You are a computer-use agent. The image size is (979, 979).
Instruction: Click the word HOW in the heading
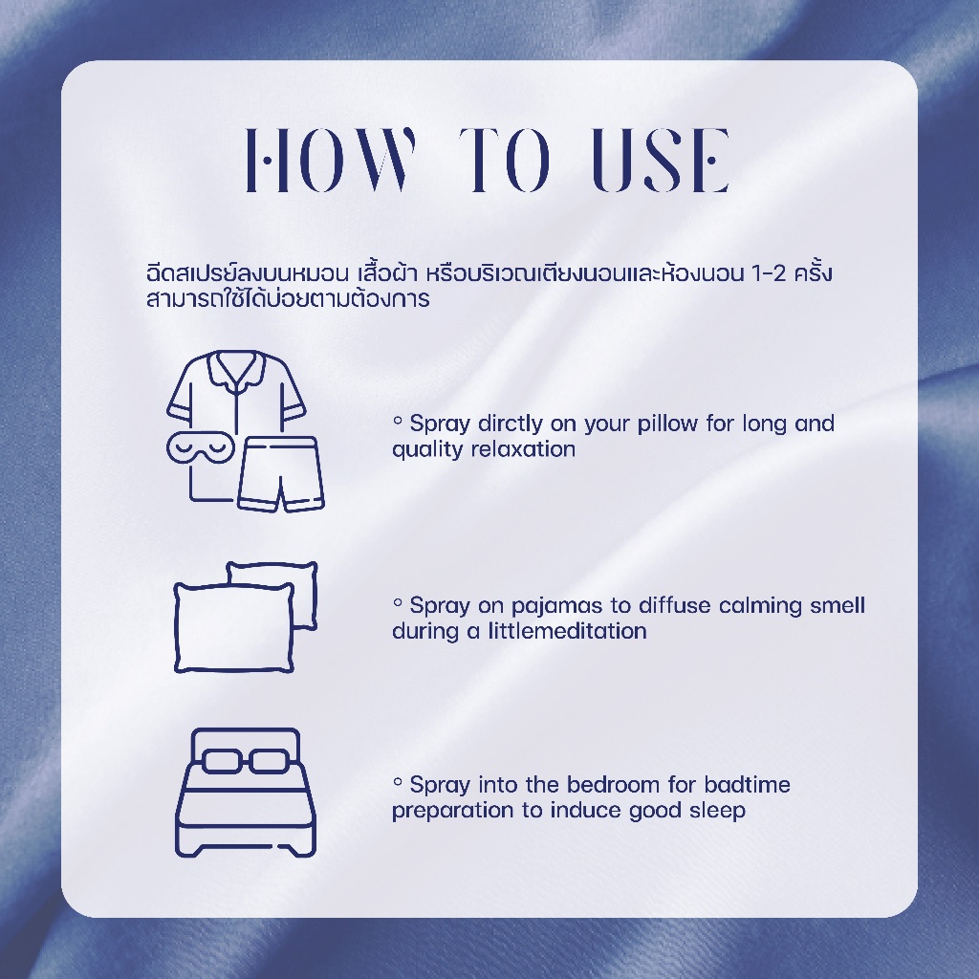330,160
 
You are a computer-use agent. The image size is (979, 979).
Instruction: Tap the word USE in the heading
660,160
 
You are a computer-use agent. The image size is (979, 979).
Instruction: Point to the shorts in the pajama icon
280,474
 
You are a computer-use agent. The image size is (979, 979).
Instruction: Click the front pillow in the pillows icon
234,627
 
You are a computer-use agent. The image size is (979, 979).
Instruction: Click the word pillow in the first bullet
666,424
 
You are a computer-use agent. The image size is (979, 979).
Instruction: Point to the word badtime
748,784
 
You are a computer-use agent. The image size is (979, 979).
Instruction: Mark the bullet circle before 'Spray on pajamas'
397,602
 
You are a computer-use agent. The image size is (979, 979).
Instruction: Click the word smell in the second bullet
837,605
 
